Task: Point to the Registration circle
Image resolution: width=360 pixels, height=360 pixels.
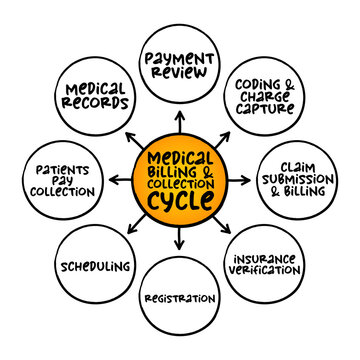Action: [181, 297]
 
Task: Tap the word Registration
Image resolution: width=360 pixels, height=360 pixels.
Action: [181, 298]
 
